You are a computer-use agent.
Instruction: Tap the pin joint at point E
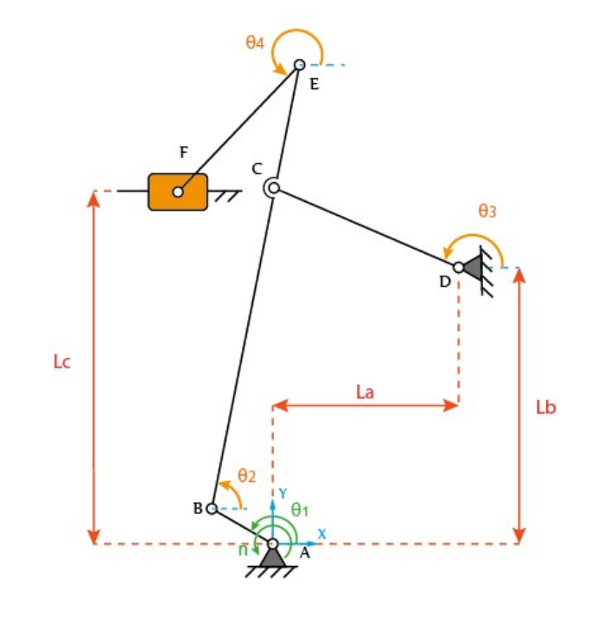coord(299,65)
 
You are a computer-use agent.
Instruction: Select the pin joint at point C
coord(272,187)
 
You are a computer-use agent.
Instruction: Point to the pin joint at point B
coord(212,509)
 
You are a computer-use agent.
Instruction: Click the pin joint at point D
coord(458,267)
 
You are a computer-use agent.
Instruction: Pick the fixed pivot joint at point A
coord(272,544)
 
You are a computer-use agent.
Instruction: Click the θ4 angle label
coord(254,42)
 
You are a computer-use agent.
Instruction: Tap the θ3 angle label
coord(487,210)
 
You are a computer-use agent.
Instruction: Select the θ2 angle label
coord(247,476)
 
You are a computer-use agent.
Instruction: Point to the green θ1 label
coord(300,510)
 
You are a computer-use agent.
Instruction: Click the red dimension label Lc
coord(61,361)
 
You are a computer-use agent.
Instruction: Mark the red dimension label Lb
coord(545,407)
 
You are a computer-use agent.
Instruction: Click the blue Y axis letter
coord(283,492)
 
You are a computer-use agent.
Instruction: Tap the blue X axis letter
coord(321,534)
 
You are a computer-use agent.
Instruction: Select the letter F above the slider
coord(183,153)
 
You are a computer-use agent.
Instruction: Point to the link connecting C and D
coord(364,227)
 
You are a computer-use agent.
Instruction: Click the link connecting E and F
coord(238,128)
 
